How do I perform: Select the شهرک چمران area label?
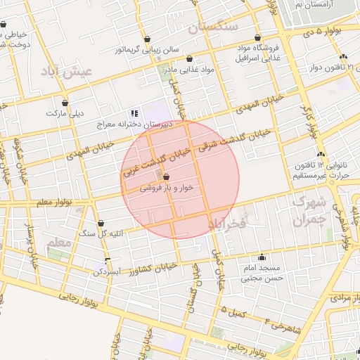[309, 211]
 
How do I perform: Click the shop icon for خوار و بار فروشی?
[166, 177]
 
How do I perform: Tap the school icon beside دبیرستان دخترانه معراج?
[134, 113]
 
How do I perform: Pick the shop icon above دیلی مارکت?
[65, 102]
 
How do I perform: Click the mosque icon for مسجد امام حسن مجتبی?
[262, 257]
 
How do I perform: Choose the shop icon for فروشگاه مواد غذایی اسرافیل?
[257, 38]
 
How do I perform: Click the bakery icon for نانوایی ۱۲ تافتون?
[321, 154]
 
